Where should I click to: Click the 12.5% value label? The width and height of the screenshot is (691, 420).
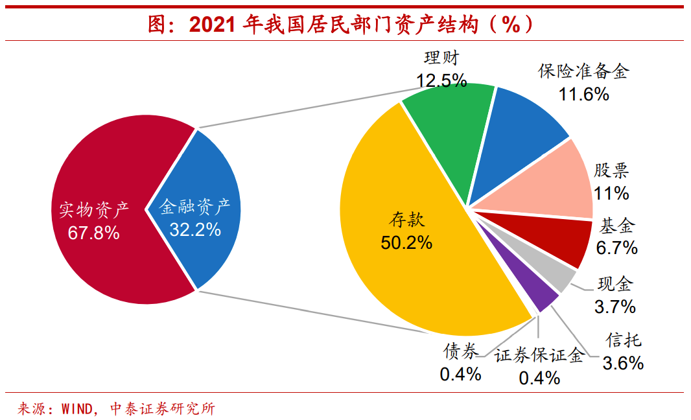(x=441, y=80)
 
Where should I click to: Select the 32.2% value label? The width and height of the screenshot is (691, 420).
(x=195, y=229)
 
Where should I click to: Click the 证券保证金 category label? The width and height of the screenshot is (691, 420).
(x=539, y=355)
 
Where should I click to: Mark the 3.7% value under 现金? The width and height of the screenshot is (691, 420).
(x=615, y=307)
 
